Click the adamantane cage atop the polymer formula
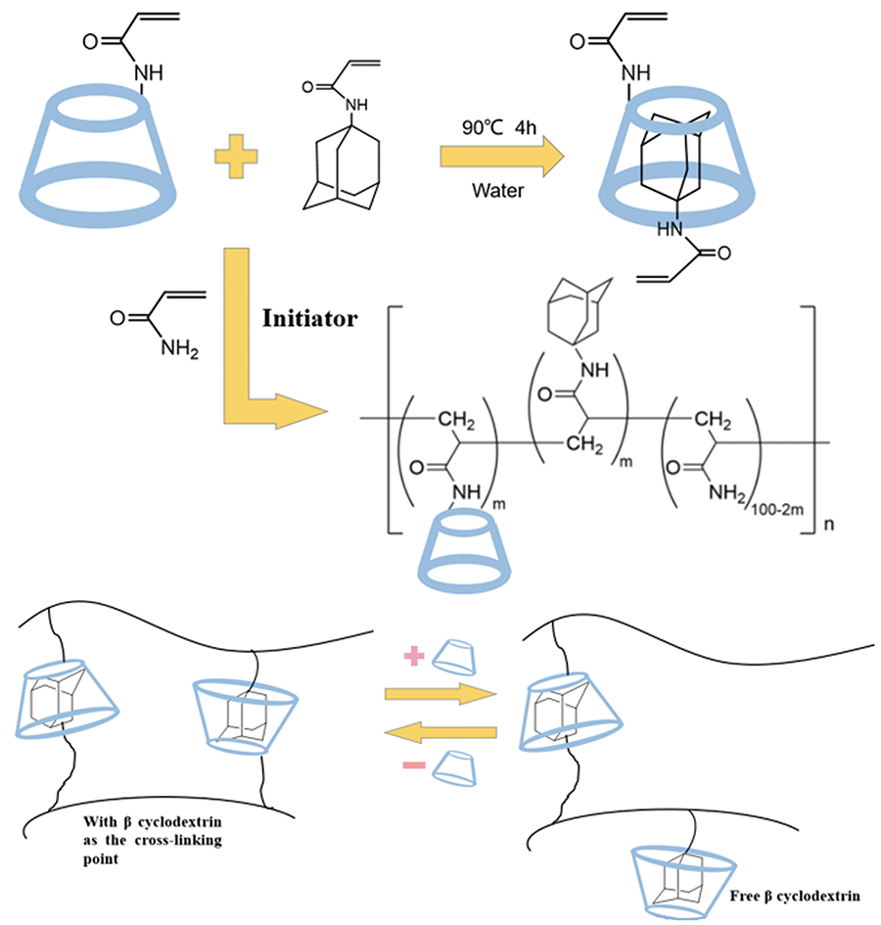pos(582,294)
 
